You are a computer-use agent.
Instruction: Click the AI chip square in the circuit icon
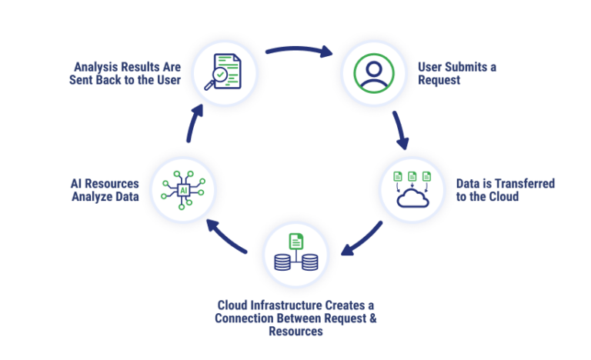[x=184, y=188]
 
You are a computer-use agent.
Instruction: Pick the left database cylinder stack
[x=283, y=262]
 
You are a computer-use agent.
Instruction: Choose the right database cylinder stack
[x=309, y=262]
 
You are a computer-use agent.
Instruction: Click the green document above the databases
[x=296, y=240]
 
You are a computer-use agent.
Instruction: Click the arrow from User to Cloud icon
[x=400, y=131]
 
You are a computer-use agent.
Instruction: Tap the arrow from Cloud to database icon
[x=362, y=238]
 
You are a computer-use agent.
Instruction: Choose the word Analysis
[x=98, y=67]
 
